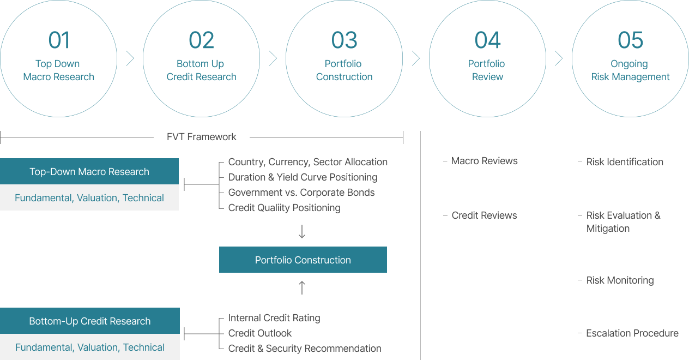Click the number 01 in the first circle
[59, 40]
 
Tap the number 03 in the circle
[344, 40]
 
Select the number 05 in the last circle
[630, 40]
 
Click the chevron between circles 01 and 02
[130, 59]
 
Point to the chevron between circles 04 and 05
[559, 59]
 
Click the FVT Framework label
[202, 137]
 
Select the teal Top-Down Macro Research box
[89, 172]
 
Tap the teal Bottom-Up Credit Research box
[89, 321]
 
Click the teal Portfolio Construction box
[303, 260]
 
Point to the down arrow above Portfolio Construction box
[302, 232]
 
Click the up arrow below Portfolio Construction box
[302, 287]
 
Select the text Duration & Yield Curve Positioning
[303, 177]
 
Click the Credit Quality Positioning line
[284, 208]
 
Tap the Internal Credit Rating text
[274, 318]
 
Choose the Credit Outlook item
[260, 333]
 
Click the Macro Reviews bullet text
[484, 161]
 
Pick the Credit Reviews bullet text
[484, 215]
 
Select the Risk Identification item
[625, 162]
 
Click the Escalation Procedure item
[632, 333]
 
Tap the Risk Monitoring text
[620, 280]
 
